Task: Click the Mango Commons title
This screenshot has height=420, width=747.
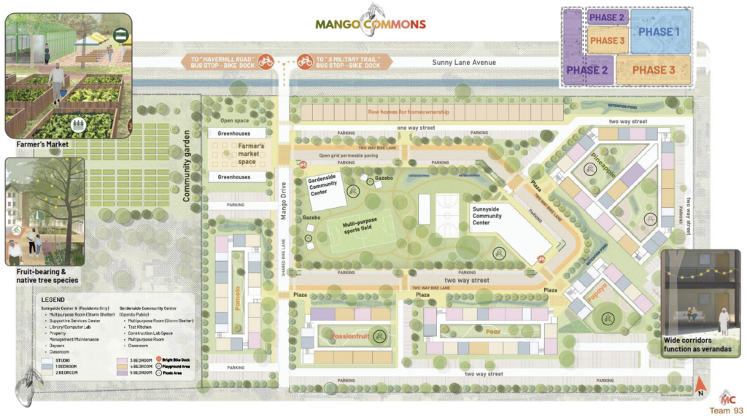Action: coord(370,24)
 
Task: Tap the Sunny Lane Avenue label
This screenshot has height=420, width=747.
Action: coord(463,63)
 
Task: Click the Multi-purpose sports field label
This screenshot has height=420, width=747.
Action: coord(356,228)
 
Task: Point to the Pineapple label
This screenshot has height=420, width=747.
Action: coord(604,166)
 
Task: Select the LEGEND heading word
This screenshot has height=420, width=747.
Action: coord(53,300)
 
